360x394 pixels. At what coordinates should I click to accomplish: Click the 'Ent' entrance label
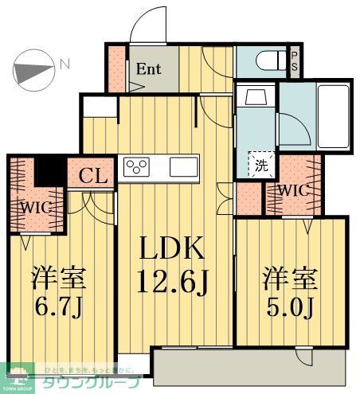tap(149, 69)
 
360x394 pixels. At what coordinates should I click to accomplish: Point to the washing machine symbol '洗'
tap(260, 166)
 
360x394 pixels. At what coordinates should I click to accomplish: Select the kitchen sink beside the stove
tap(183, 168)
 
